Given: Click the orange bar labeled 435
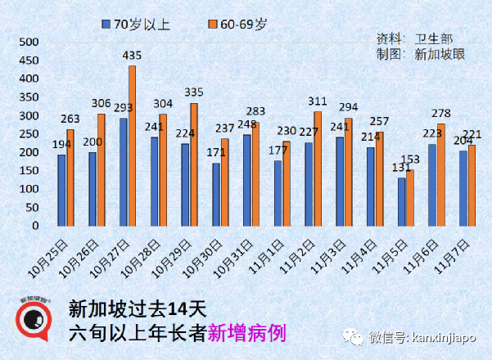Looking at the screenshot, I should tap(133, 146).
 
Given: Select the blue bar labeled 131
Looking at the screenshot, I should tap(401, 201).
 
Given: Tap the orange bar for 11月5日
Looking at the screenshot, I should tap(411, 197).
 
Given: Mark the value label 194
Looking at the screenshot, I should tap(61, 144).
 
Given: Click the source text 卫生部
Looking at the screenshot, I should tap(433, 38).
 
